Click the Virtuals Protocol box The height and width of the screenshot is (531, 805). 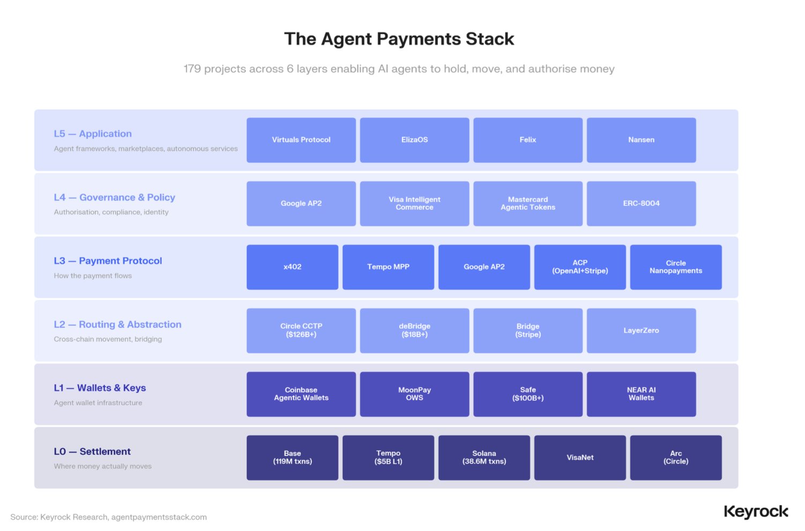point(301,140)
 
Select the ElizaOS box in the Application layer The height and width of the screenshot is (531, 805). point(414,140)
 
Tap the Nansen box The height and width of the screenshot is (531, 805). point(641,140)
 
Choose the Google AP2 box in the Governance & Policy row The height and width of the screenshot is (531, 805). point(301,203)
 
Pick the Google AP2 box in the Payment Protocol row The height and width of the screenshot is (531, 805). point(484,267)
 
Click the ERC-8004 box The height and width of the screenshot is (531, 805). point(641,203)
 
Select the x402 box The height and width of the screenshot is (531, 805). point(292,267)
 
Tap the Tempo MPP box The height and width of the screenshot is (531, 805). point(388,267)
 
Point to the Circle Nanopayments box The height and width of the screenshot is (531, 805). point(676,267)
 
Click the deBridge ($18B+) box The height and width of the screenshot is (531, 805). point(414,331)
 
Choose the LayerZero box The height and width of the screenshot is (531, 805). point(641,331)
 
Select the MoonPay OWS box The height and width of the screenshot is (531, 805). point(414,394)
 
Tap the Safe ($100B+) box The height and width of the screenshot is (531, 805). point(528,394)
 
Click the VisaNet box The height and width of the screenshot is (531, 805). point(580,458)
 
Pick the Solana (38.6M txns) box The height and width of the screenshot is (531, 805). point(484,458)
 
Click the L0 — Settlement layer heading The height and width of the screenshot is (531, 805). point(92,451)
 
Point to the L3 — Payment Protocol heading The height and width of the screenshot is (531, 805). point(108,261)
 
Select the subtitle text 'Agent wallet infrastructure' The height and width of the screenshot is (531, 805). point(98,403)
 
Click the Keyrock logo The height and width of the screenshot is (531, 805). point(756,512)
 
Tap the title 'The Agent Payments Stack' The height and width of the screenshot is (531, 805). point(399,39)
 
